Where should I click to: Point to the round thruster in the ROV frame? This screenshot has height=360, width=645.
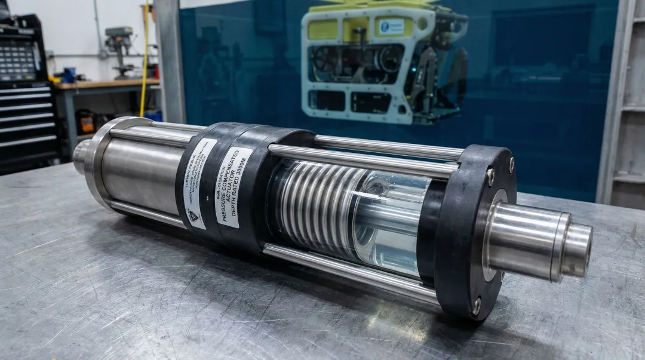click(x=325, y=60)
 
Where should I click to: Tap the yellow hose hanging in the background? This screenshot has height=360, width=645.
click(x=144, y=60)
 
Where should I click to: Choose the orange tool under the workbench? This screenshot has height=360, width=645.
click(x=87, y=122)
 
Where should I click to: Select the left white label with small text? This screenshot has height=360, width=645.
click(x=199, y=183)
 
